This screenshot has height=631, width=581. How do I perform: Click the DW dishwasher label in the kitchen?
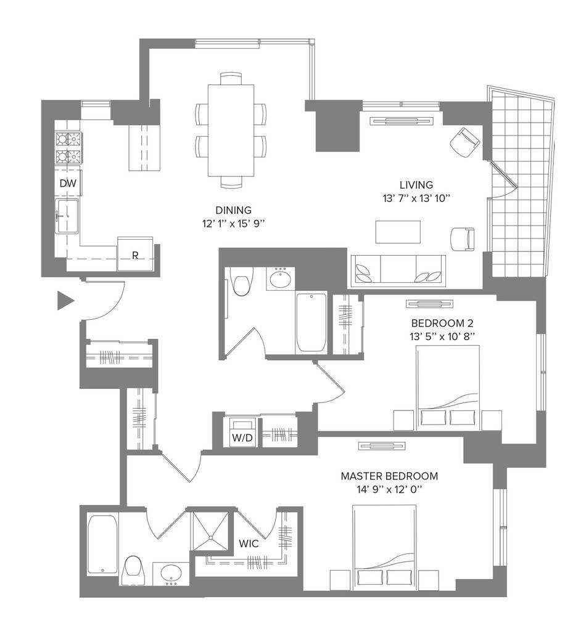point(67,183)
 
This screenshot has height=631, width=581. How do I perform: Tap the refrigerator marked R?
point(134,254)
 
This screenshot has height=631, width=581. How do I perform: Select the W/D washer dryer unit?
point(239,431)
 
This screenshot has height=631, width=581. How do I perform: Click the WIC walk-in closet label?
point(249,545)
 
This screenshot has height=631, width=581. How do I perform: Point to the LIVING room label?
point(416,184)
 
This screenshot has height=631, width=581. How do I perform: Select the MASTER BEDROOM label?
point(389,476)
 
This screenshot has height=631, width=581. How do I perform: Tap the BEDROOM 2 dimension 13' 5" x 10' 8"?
point(442,336)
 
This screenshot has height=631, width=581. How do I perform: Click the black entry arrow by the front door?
point(65,301)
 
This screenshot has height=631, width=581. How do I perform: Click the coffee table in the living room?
point(399,232)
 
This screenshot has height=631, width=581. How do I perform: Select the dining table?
point(231,129)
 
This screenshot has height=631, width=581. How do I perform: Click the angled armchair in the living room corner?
point(464,142)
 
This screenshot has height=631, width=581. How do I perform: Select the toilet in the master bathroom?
point(133,571)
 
